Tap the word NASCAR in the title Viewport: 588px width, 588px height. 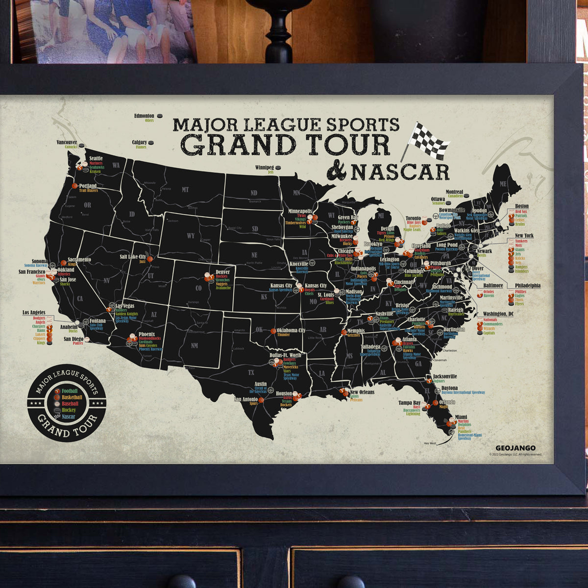400,171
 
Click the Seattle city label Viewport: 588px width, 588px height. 96,158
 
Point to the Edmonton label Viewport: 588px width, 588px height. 144,116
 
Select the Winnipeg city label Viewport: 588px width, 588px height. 265,167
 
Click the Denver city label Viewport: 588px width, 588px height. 222,271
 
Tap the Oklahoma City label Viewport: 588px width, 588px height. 291,330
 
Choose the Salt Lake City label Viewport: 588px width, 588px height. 133,256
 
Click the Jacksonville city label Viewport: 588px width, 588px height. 444,376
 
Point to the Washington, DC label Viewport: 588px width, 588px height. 498,314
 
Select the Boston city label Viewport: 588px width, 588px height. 522,206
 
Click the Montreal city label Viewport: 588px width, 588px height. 454,192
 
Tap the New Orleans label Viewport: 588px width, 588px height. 362,392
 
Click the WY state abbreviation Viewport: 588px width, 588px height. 191,236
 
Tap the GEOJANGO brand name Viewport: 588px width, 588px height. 515,448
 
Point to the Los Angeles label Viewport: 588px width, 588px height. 34,312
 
